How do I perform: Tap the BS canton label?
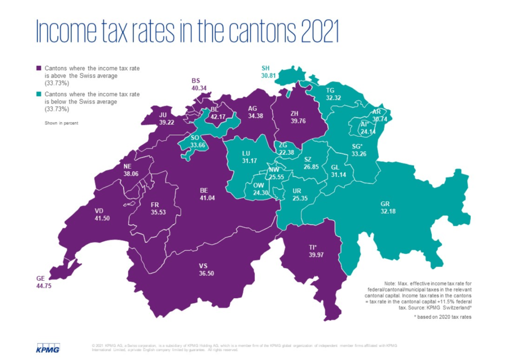point(196,81)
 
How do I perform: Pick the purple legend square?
point(39,68)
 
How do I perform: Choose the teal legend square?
point(39,94)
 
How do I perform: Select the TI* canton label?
point(312,248)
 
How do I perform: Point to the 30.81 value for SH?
point(268,75)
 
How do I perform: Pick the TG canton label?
point(330,90)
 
